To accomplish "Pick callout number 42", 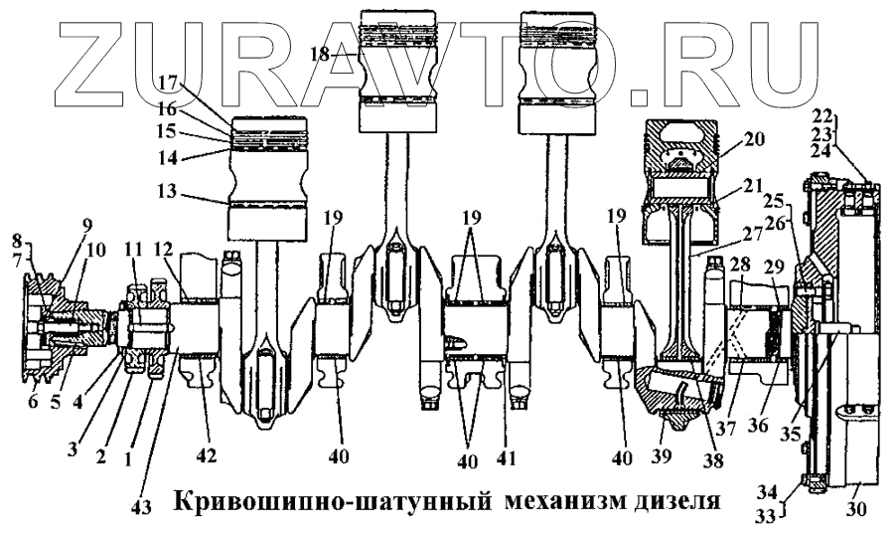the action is pos(206,456).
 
